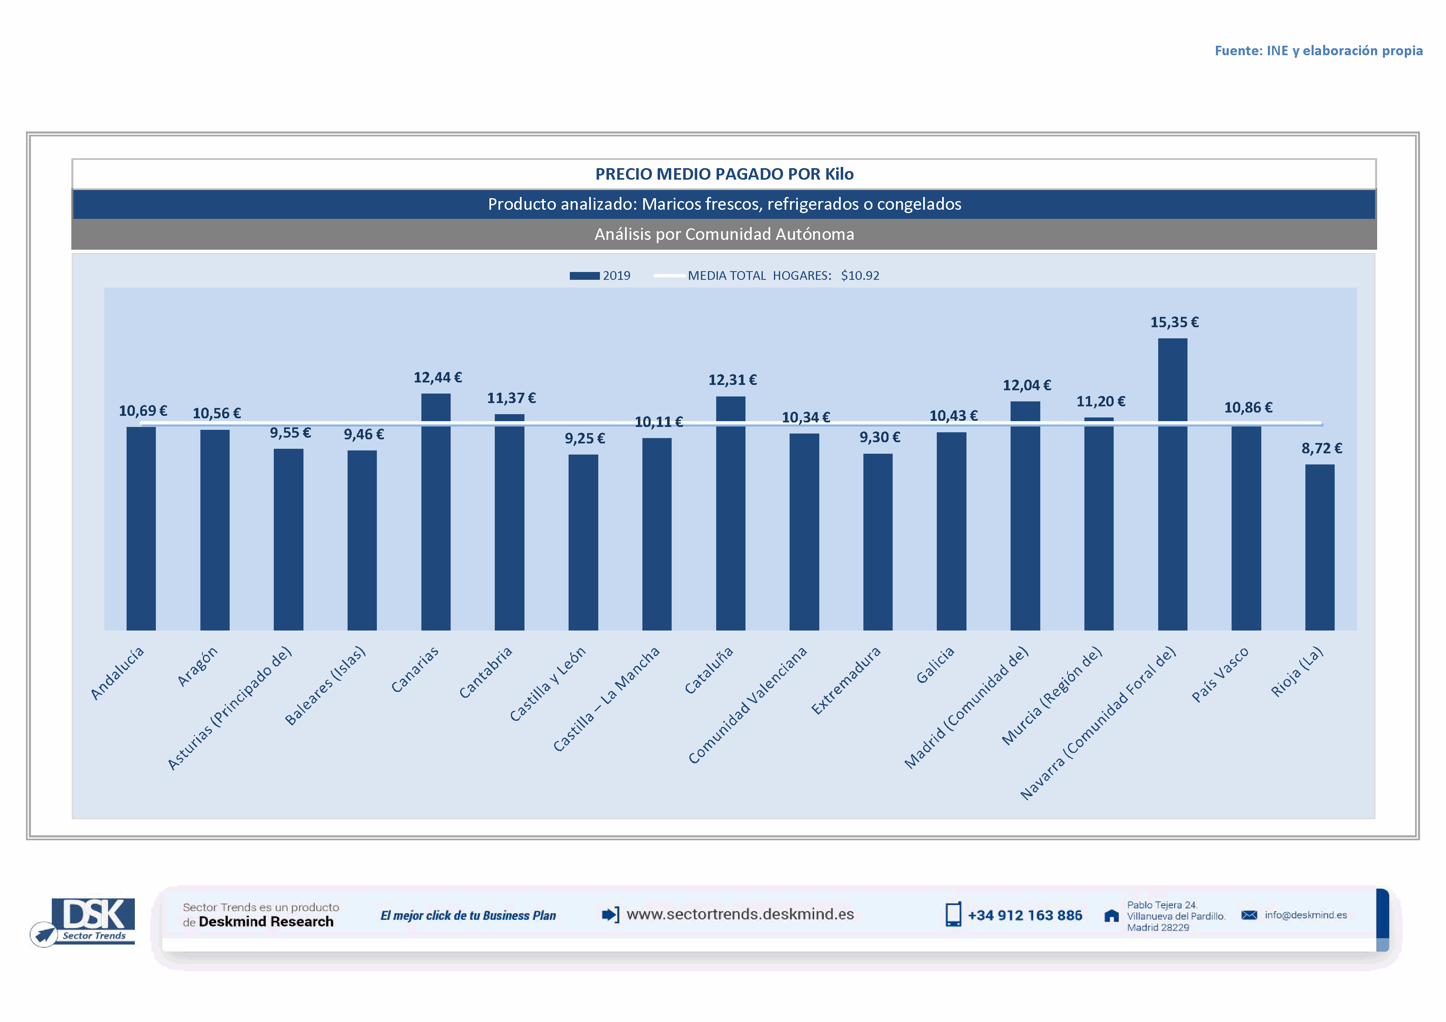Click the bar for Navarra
[x=1172, y=485]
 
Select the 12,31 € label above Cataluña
[x=732, y=380]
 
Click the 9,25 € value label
[x=584, y=438]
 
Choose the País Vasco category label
[x=1220, y=675]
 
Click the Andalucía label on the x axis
[x=118, y=673]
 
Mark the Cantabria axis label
[x=486, y=673]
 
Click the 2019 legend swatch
[x=584, y=276]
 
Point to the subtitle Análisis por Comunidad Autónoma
[x=724, y=234]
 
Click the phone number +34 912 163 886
[x=1025, y=916]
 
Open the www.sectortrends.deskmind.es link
[x=740, y=914]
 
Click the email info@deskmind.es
[x=1305, y=915]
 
